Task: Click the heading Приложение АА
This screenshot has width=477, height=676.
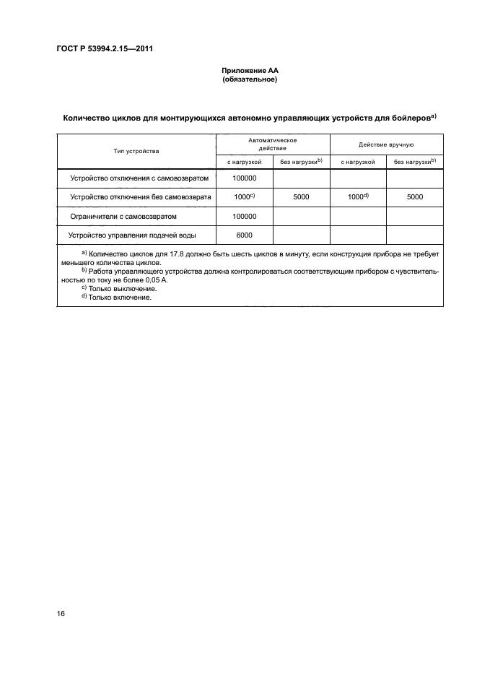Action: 250,71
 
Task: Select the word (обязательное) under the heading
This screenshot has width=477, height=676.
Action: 250,79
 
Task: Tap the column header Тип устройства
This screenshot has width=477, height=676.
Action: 136,152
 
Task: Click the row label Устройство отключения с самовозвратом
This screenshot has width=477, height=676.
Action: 139,178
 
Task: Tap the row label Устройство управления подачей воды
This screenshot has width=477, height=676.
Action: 132,235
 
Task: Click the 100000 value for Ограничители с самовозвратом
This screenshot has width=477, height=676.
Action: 245,216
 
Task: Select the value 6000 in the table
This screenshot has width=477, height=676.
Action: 244,235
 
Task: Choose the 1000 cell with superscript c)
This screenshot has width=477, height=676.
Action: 245,196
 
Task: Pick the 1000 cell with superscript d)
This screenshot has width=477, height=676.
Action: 359,196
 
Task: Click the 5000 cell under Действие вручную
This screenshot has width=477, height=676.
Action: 414,196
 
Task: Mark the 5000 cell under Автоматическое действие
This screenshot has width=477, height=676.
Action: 301,196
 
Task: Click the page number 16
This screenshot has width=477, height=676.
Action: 61,614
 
